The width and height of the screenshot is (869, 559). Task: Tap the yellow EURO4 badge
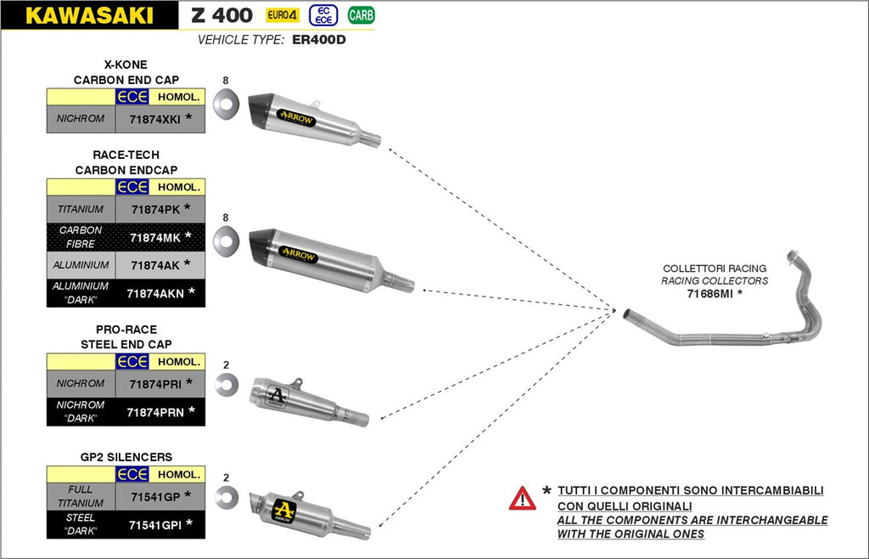tap(282, 14)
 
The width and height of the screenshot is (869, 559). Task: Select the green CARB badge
tap(361, 14)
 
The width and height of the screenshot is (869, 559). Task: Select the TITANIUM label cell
tap(81, 209)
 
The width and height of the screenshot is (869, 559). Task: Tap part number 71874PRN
tap(155, 412)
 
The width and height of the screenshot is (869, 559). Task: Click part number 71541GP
tap(154, 496)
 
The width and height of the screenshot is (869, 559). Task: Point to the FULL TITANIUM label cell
tap(81, 496)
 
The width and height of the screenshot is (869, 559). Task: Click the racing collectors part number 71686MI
tap(710, 294)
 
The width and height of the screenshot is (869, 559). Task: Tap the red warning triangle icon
tap(522, 498)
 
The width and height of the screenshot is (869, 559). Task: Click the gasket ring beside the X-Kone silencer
tap(226, 106)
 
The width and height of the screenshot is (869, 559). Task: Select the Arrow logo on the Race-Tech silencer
tap(298, 255)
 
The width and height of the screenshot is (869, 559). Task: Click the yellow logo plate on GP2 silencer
tap(286, 510)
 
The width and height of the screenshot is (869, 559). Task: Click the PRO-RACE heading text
tap(126, 330)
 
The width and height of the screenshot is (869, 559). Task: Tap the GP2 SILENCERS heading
tap(126, 457)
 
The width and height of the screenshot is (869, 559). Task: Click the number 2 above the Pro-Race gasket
tap(226, 365)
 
